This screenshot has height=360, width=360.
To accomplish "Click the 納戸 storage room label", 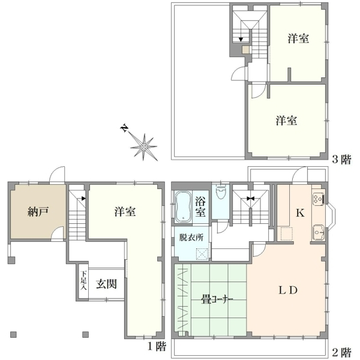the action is tap(38, 211).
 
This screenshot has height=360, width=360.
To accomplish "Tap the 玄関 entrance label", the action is tap(106, 284).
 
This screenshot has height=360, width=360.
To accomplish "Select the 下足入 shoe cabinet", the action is tap(83, 284).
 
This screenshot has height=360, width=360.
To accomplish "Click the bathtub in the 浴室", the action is tap(184, 208).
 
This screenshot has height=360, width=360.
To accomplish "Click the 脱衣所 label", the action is tap(191, 238).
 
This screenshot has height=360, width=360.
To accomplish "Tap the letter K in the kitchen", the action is tap(300, 213).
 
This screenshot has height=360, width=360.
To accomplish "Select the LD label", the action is tap(288, 290).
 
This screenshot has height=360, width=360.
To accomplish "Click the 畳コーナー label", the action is tap(217, 299).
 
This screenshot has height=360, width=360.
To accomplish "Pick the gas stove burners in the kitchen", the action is tap(319, 199).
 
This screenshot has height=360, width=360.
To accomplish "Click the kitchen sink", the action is tap(318, 232).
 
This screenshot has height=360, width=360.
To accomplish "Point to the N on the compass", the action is tap(125, 128).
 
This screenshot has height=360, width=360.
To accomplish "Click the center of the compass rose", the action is tap(144, 147).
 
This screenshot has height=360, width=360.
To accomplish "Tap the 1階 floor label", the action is tap(157, 346).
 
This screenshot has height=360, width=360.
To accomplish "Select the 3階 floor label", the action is tap(342, 160).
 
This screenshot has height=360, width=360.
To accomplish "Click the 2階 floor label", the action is tap(342, 352).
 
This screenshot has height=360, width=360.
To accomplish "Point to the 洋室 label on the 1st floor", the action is tap(125, 211).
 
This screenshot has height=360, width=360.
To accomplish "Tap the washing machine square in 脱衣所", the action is tap(202, 254).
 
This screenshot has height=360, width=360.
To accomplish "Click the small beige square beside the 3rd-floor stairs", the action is tap(246, 49).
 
